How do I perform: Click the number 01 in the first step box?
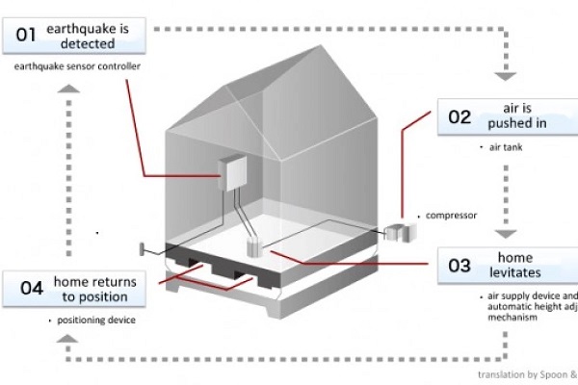[26, 37]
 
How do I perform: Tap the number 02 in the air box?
[460, 117]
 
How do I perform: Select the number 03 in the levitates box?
[460, 267]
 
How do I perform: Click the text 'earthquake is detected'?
[93, 37]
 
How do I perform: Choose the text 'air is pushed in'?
[526, 117]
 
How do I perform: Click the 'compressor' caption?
[450, 216]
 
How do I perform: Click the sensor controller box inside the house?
[232, 172]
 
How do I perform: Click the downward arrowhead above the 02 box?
[503, 75]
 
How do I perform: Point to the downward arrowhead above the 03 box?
[503, 232]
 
